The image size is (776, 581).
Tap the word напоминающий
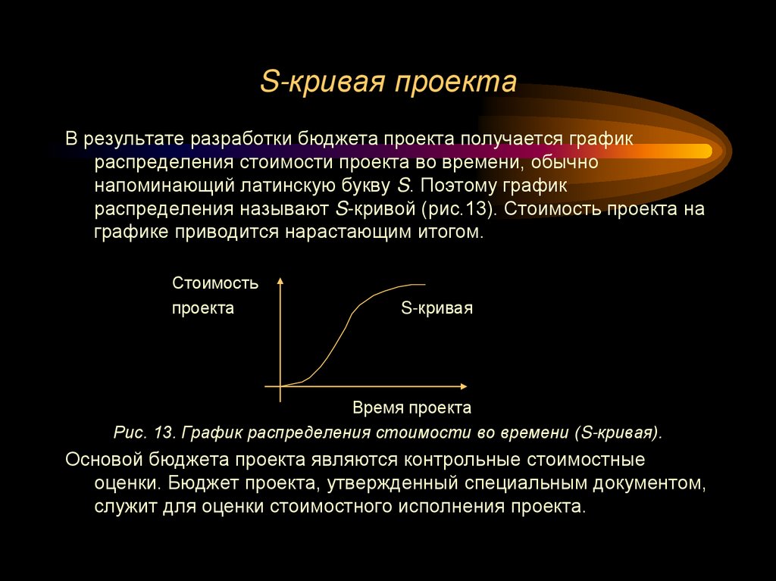coord(155,186)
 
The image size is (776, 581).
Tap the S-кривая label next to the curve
coord(436,308)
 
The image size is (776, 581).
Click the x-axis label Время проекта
coord(411,408)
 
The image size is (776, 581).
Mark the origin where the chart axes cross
coord(281,386)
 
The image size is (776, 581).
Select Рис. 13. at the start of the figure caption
coord(141,433)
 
